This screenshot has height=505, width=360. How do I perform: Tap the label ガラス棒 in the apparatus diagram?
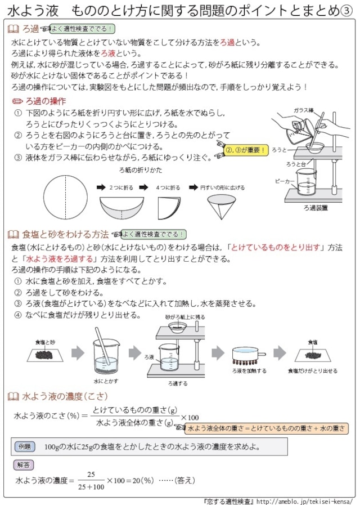click(303, 111)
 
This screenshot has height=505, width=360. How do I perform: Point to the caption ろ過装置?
click(315, 208)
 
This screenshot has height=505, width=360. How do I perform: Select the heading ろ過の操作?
click(45, 101)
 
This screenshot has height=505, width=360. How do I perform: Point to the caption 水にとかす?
click(105, 381)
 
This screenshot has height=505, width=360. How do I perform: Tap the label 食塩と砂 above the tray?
click(45, 342)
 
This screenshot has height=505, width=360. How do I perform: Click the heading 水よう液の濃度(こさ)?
click(62, 396)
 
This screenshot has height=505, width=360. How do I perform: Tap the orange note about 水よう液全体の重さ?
click(265, 428)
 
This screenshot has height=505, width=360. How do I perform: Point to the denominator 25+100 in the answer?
click(91, 487)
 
